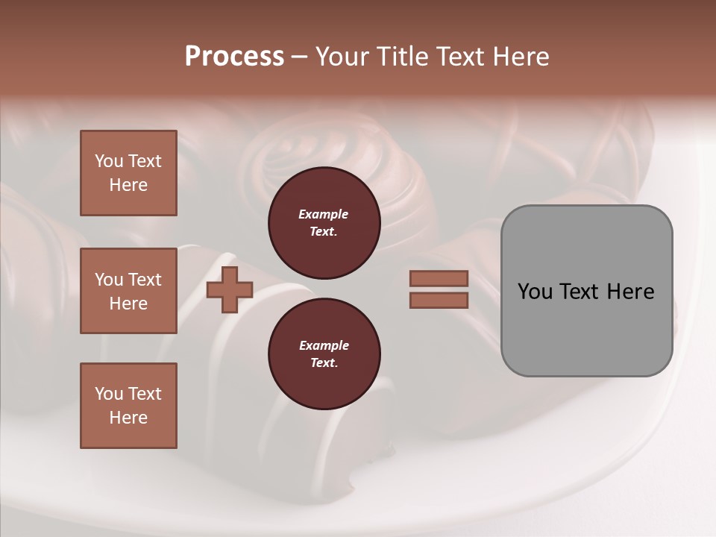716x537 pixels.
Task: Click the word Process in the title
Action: pos(234,57)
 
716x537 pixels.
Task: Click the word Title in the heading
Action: pos(402,57)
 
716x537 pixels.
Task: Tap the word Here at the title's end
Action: pos(521,57)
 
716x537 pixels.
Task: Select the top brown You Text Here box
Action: pos(128,173)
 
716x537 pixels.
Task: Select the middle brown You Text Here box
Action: pos(128,291)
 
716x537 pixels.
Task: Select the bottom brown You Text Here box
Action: pos(128,406)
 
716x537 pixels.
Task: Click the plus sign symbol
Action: pos(229,289)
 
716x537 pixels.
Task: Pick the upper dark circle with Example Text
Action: pos(324,223)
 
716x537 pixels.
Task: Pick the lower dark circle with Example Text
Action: pos(324,354)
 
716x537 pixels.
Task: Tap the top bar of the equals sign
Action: pos(439,278)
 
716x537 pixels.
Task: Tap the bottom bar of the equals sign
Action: pos(439,300)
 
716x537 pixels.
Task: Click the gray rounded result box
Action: pos(586,291)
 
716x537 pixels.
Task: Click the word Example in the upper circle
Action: pos(323,214)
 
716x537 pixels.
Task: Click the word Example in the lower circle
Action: pos(324,345)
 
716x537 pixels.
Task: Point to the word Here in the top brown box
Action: pos(128,185)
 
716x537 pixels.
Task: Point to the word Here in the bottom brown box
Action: pos(128,418)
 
